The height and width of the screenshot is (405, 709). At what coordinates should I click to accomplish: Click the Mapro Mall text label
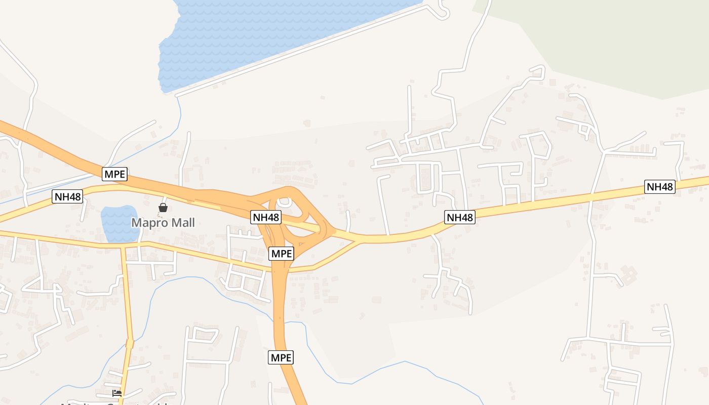click(x=163, y=223)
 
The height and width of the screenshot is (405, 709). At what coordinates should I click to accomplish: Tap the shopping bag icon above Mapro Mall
click(x=163, y=208)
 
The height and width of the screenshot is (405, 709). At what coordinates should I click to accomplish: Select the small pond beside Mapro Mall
click(x=120, y=223)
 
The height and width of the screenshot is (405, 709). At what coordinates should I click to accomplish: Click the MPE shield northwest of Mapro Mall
click(x=115, y=175)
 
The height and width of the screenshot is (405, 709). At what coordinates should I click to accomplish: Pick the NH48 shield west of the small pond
click(x=67, y=196)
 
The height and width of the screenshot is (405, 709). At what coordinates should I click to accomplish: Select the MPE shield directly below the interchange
click(x=281, y=254)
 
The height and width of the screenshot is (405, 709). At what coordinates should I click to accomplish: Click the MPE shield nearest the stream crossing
click(x=281, y=357)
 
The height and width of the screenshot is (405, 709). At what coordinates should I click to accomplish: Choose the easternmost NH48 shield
click(x=660, y=187)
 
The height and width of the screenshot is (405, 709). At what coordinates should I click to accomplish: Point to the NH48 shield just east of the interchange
click(x=460, y=217)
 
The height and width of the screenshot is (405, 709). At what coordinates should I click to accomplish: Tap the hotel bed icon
click(x=117, y=393)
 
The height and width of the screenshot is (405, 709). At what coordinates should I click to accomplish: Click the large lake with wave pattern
click(x=253, y=35)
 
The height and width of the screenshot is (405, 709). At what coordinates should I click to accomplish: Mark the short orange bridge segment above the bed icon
click(x=130, y=344)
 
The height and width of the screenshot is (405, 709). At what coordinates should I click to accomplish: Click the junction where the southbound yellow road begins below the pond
click(x=123, y=248)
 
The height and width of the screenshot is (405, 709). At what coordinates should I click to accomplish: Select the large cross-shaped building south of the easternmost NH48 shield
click(x=629, y=275)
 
